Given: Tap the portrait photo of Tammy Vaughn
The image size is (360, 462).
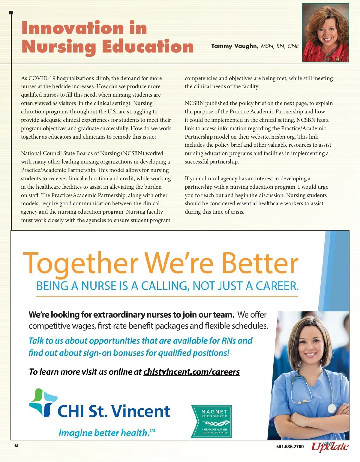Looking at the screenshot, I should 325,33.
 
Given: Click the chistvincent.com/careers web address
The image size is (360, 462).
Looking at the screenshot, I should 191,372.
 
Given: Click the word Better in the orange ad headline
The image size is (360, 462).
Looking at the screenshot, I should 260,263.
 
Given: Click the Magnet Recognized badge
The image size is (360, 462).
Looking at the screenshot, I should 211,421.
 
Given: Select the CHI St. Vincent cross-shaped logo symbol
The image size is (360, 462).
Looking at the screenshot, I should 43,403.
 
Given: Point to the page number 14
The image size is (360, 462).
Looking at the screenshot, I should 16,446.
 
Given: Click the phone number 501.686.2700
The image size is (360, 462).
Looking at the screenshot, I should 290,447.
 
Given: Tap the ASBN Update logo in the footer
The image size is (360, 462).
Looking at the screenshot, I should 330,446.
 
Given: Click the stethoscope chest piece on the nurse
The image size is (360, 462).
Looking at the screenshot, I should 331,408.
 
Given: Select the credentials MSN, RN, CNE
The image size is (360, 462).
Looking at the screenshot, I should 280,46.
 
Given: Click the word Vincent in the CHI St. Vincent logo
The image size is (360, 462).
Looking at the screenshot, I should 142,411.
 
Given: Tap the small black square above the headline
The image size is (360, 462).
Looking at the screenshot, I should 11,13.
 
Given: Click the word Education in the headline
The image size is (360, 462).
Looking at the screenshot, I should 148,46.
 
